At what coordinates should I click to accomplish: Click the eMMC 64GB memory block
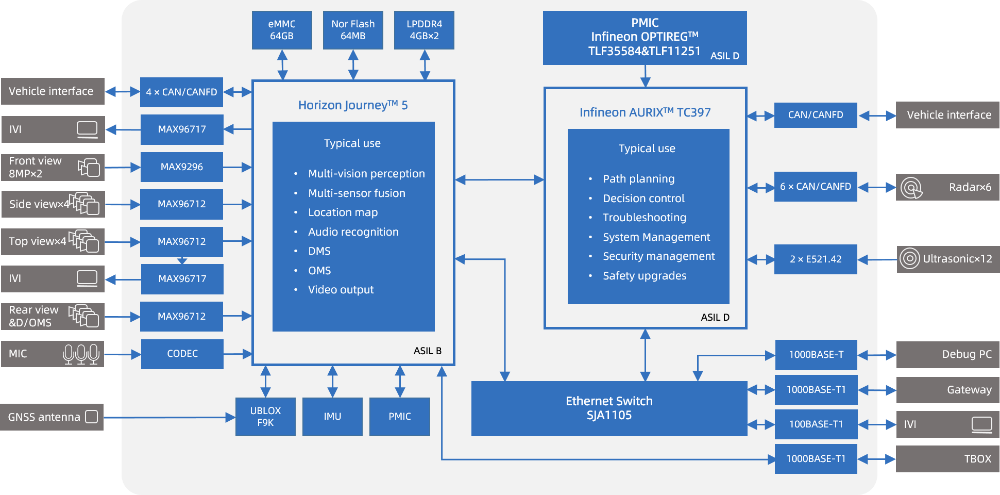tap(282, 30)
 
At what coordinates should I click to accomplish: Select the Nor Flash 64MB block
tap(353, 30)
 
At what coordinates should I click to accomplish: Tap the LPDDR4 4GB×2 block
tap(424, 30)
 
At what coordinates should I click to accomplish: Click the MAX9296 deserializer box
tap(181, 167)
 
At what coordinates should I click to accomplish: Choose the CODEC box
tap(182, 354)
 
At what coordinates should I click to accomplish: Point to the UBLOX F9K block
tap(265, 417)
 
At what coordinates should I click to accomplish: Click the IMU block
tap(332, 417)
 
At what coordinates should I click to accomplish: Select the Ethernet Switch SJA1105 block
tap(609, 408)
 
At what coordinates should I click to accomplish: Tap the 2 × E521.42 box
tap(816, 259)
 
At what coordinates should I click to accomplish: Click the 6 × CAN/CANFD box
tap(816, 187)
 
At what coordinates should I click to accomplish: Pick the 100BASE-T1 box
tap(816, 424)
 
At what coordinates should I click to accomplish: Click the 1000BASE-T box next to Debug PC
tap(816, 355)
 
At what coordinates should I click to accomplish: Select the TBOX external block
tap(947, 459)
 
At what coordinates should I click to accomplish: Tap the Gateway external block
tap(948, 390)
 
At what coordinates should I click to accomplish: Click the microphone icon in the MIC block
tap(81, 354)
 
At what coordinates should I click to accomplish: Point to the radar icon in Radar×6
tap(911, 188)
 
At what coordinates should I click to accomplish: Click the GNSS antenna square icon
tap(92, 417)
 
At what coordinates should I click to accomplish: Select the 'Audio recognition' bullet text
tap(353, 232)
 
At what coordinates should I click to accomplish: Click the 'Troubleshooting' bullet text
tap(645, 218)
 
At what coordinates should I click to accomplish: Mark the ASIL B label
tap(428, 351)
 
